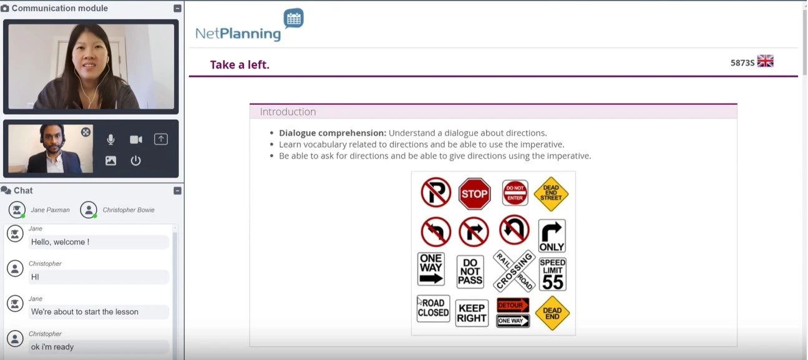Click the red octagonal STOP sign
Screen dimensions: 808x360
(474, 193)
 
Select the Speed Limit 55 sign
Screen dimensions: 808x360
(553, 274)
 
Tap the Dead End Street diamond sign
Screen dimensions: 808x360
(551, 193)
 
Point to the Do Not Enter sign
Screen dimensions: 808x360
(515, 193)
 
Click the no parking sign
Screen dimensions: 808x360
(436, 192)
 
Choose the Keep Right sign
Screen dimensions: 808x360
(472, 313)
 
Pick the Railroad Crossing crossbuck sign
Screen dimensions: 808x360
(514, 271)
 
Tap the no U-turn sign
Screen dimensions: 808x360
(514, 230)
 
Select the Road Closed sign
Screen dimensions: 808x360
(433, 308)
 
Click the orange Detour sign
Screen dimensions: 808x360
(513, 305)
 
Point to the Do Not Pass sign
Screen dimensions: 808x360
(470, 271)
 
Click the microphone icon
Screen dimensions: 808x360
(110, 139)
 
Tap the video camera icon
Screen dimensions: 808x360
(136, 139)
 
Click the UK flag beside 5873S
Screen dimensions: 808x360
(765, 61)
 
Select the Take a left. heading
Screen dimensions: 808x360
(240, 64)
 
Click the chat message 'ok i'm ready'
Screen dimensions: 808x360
(52, 347)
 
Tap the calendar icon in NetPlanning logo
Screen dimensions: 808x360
(294, 18)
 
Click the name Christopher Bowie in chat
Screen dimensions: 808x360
(129, 210)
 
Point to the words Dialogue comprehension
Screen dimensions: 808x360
(332, 133)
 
